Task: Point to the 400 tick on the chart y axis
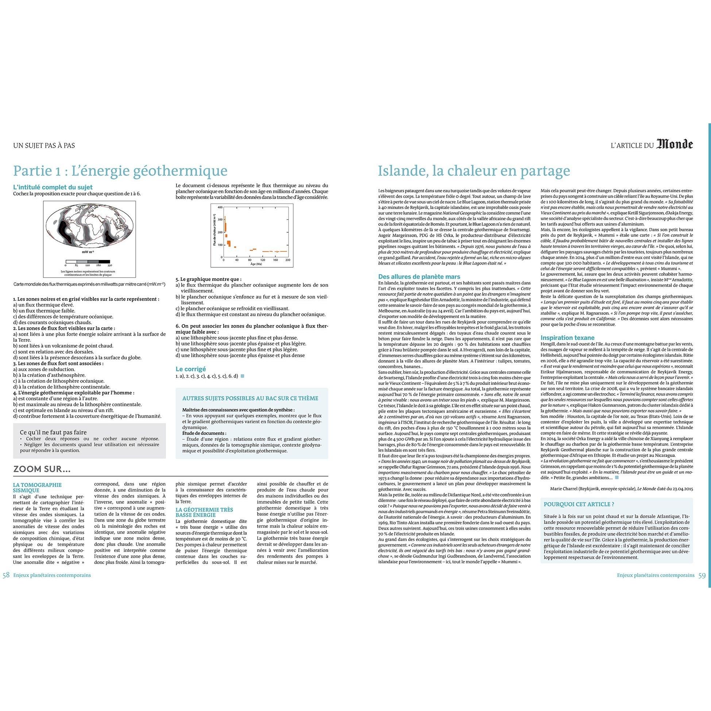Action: point(220,208)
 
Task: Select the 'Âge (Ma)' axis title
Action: point(256,264)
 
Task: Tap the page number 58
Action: point(6,575)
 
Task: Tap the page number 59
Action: point(702,575)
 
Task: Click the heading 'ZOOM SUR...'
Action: point(42,469)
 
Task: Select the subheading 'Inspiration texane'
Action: point(567,337)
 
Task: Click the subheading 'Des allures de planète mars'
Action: point(419,277)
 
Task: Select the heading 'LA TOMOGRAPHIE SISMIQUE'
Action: point(37,488)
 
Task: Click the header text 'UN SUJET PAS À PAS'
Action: point(44,145)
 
